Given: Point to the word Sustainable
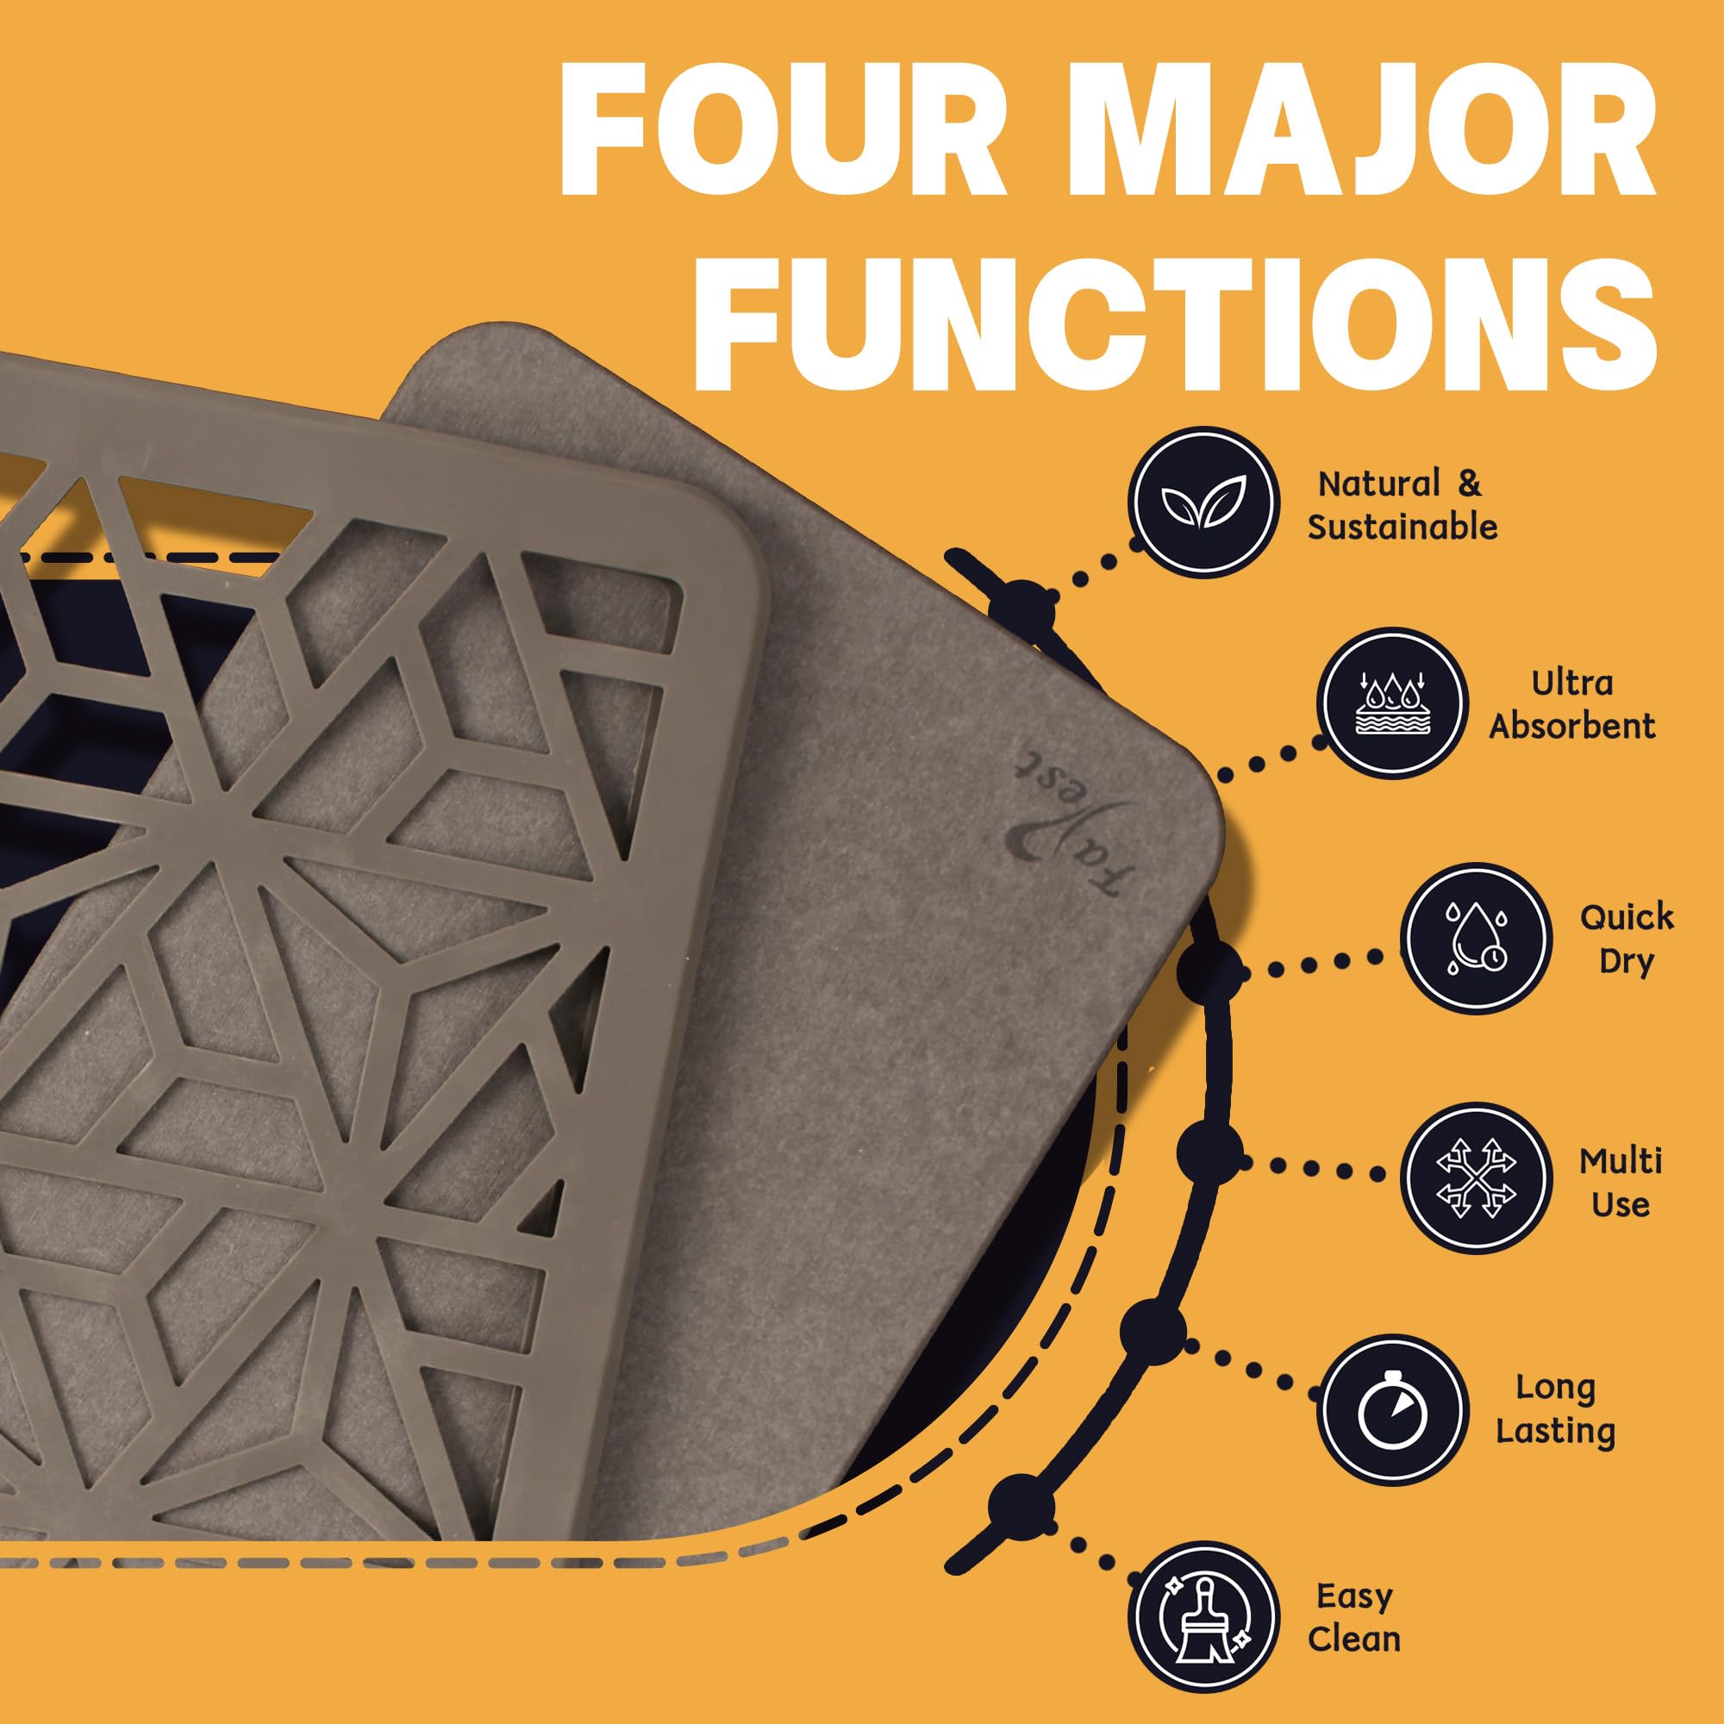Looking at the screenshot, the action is pyautogui.click(x=1402, y=528).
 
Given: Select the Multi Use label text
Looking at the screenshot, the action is pyautogui.click(x=1621, y=1184).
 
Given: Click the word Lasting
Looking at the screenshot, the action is pyautogui.click(x=1555, y=1432).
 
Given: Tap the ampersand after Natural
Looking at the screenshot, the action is pyautogui.click(x=1469, y=484).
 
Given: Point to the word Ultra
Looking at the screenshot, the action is pyautogui.click(x=1572, y=683).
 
